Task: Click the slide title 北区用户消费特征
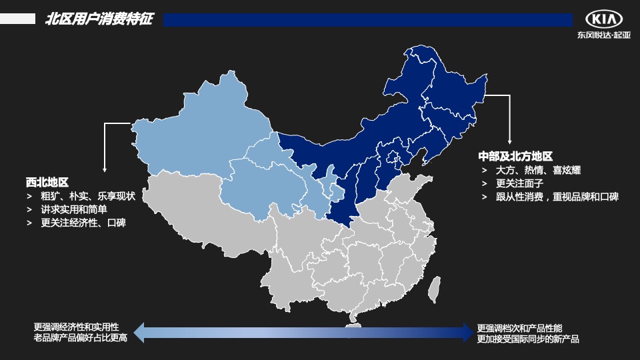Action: click(99, 19)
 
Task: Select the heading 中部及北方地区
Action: click(515, 156)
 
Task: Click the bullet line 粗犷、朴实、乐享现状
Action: click(87, 196)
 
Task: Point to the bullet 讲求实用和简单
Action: click(74, 209)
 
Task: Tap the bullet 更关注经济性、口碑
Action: click(83, 223)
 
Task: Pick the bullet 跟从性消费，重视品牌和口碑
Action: click(557, 197)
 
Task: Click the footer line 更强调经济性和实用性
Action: click(76, 327)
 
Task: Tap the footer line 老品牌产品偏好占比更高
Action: click(80, 338)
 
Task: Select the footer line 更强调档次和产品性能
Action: click(519, 328)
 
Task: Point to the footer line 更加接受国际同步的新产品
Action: click(528, 339)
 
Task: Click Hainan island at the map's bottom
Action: click(353, 327)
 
